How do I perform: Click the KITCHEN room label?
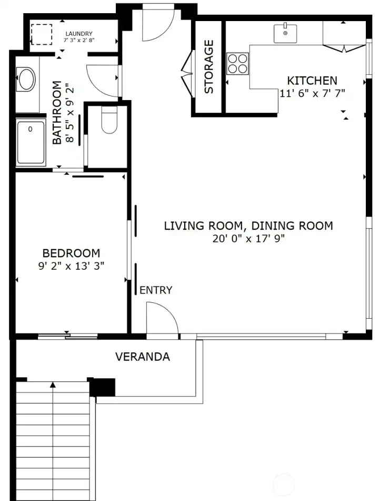coord(312,81)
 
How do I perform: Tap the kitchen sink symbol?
coord(285,33)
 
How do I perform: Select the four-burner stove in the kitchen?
coord(237,63)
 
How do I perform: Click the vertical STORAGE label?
coord(209,67)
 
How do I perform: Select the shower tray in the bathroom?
coord(31,142)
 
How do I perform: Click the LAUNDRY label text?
coord(78,34)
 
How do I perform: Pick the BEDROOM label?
coord(71,253)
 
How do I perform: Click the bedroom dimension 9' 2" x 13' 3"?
coord(71,266)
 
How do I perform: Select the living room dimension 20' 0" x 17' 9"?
coord(248,239)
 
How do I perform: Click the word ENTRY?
coord(156,290)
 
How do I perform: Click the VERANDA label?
coord(142,357)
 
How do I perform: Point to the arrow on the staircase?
coord(53,386)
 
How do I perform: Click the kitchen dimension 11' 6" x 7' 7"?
coord(312,93)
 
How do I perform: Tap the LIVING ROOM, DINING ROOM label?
coord(248,226)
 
